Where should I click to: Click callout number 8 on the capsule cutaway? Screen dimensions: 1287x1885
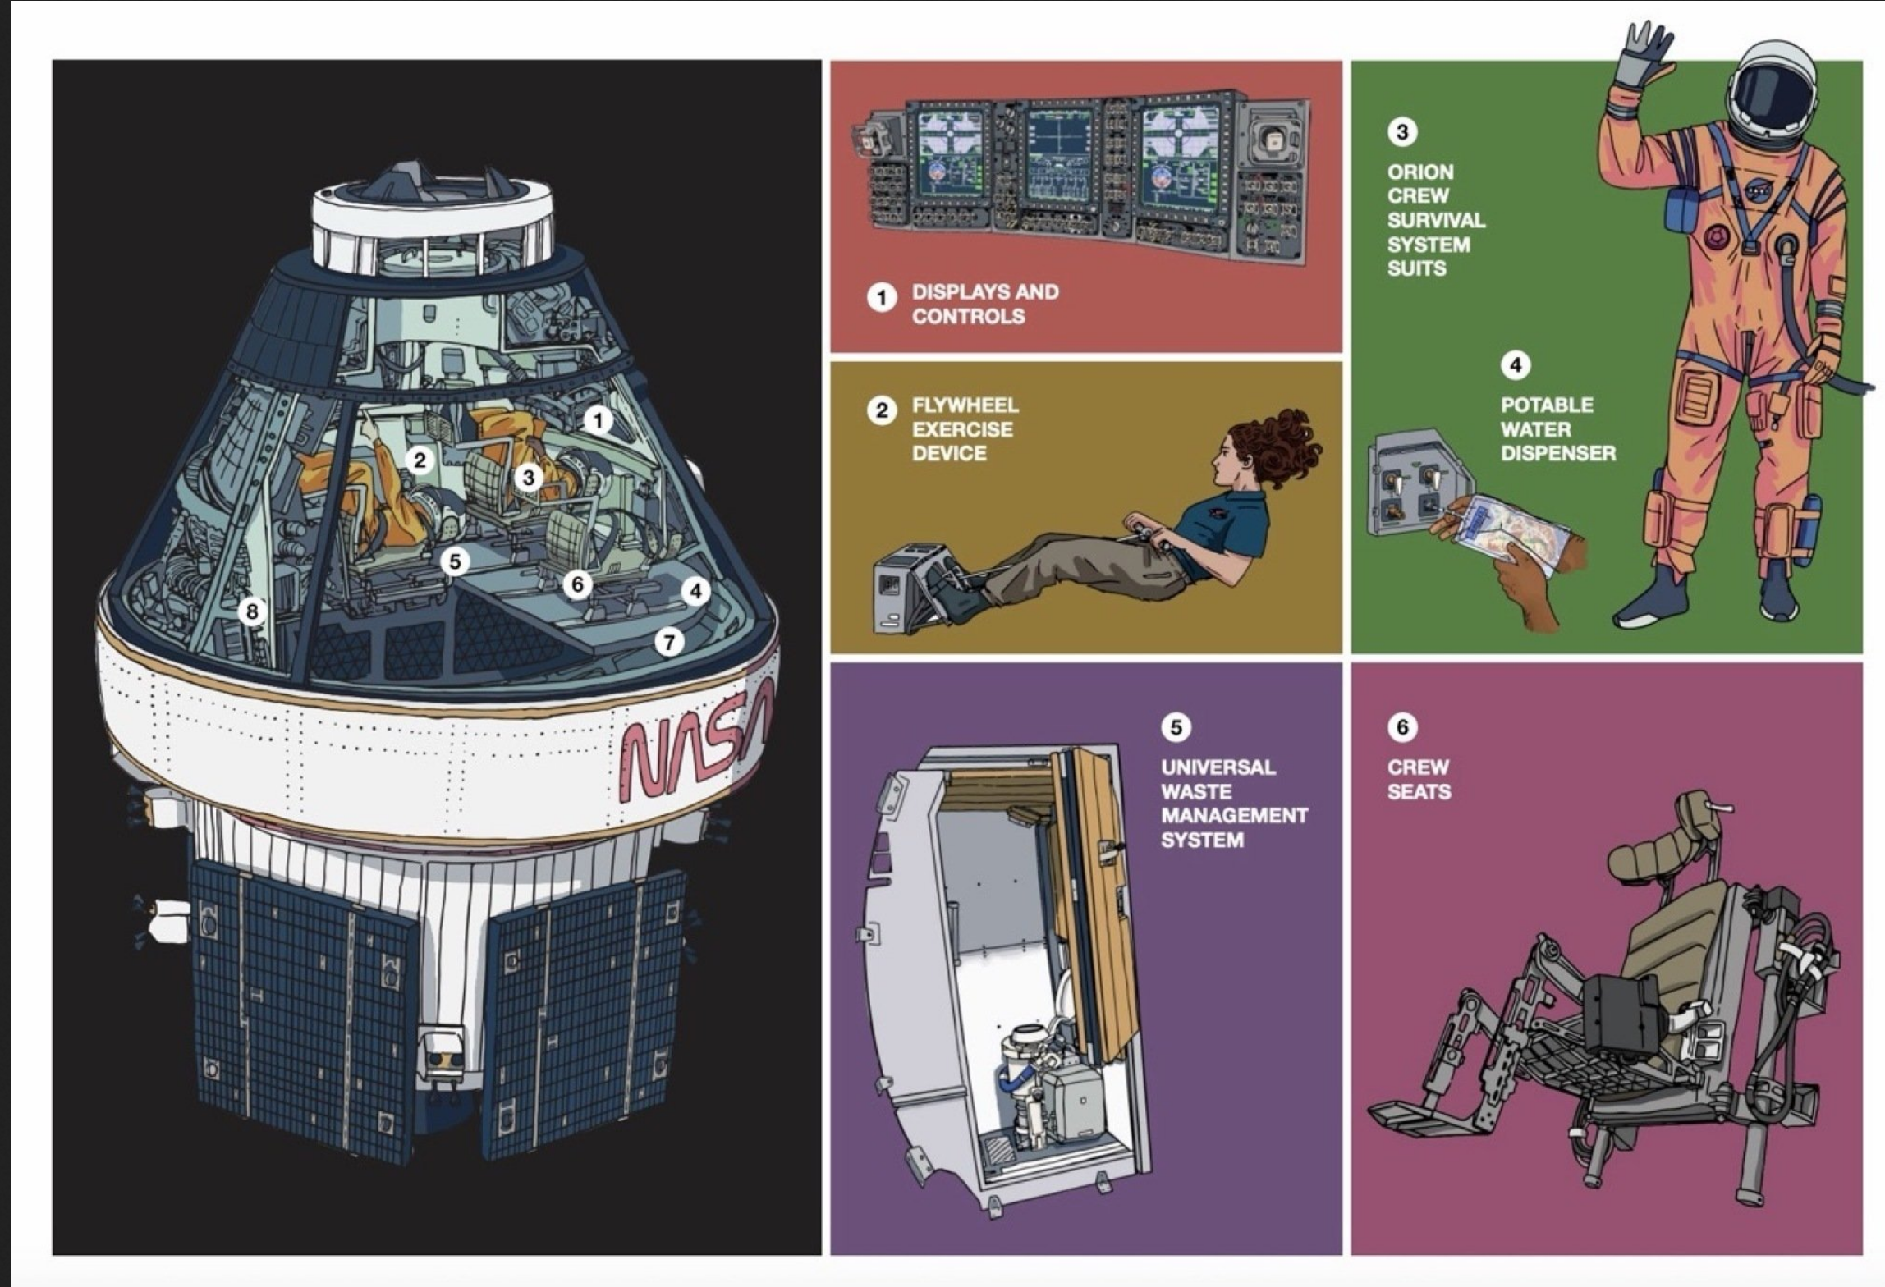tap(252, 611)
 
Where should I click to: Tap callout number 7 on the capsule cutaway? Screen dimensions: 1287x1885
tap(669, 642)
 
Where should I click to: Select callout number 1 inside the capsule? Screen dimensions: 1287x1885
tap(598, 421)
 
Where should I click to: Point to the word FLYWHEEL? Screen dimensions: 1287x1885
tap(965, 405)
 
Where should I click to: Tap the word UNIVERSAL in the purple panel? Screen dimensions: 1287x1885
tap(1218, 767)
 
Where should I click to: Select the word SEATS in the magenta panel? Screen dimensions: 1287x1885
tap(1419, 792)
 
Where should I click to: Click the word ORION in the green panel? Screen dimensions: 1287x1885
tap(1420, 172)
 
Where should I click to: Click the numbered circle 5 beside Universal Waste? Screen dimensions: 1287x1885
tap(1176, 727)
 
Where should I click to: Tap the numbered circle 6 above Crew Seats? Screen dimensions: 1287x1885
tap(1401, 727)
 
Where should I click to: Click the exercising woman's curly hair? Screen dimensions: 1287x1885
tap(1281, 443)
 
